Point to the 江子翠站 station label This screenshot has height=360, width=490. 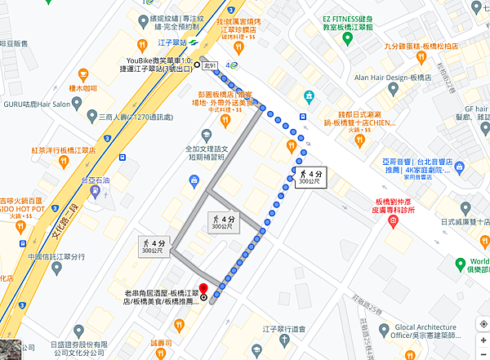coord(172,42)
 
